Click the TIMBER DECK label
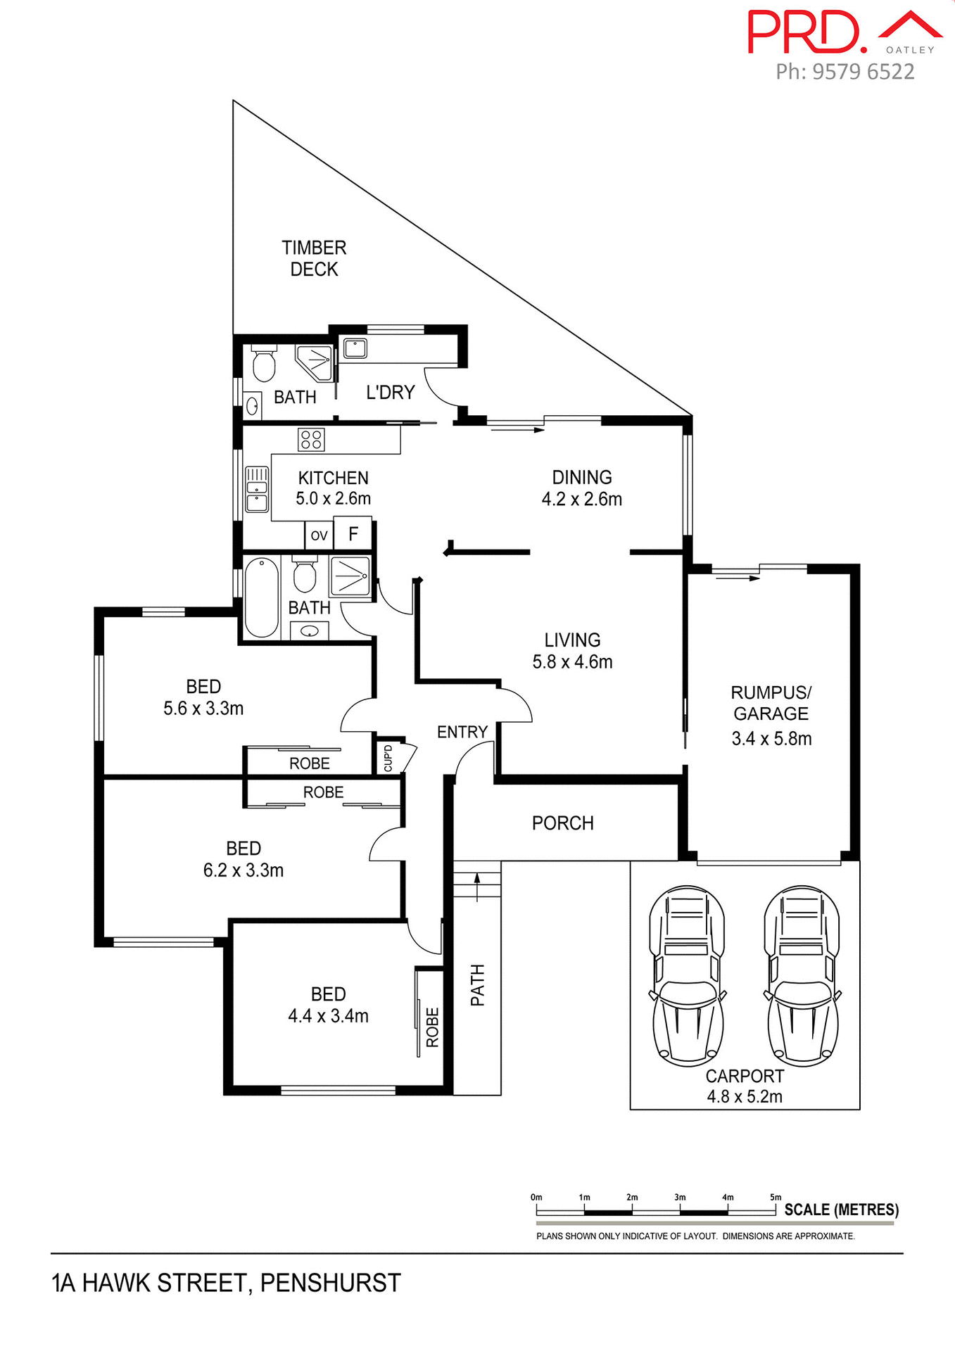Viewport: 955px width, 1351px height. click(x=314, y=258)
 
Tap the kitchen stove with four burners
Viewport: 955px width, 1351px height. click(x=310, y=440)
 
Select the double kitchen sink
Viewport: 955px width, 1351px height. click(x=257, y=489)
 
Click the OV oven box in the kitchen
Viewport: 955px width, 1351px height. click(x=319, y=535)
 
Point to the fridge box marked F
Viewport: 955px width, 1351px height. click(x=353, y=534)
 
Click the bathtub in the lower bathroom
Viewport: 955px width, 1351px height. click(x=261, y=597)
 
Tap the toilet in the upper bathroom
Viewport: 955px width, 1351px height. click(x=264, y=363)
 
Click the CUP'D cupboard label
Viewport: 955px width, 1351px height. click(x=388, y=759)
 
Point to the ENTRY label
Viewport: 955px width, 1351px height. click(x=462, y=732)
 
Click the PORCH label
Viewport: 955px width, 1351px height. click(x=562, y=823)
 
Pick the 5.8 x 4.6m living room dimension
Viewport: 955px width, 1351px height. click(x=572, y=662)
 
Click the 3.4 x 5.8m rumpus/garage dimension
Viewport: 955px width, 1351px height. click(x=771, y=738)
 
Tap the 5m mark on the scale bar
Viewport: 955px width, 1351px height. click(x=775, y=1197)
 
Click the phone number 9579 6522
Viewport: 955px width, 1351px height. click(x=863, y=71)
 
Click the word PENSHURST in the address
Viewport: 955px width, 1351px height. click(x=330, y=1283)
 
